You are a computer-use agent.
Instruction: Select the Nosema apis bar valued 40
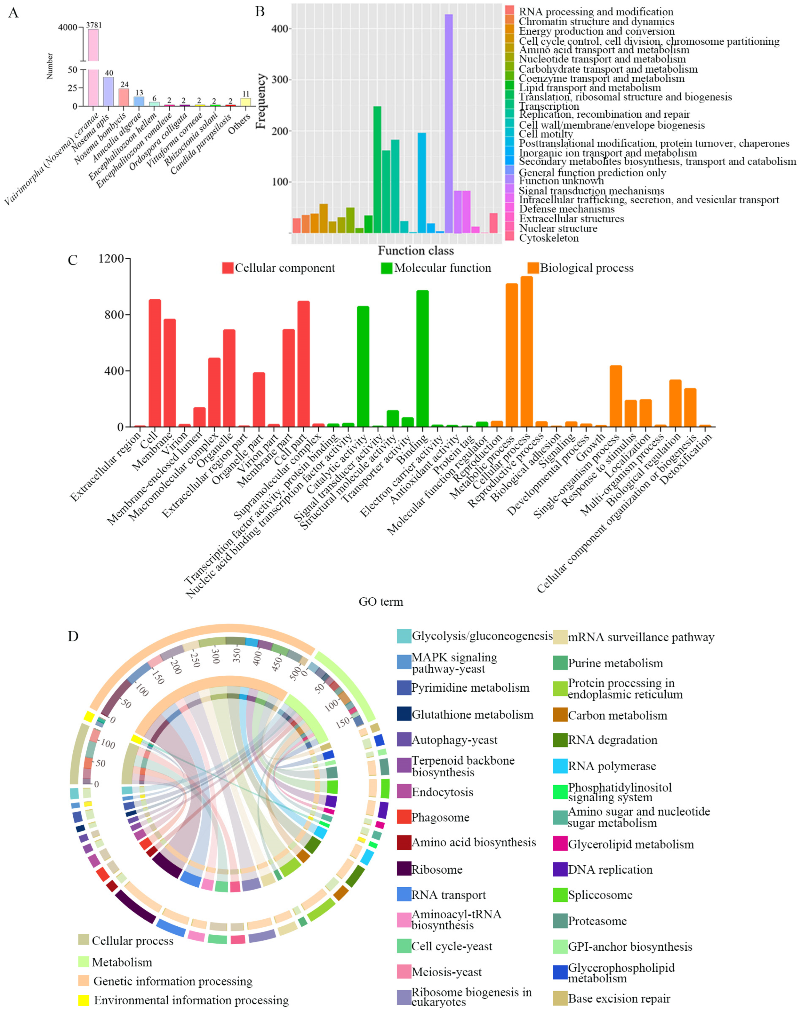pos(108,92)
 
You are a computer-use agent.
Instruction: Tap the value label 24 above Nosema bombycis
pos(124,85)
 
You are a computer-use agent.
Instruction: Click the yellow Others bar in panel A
pos(245,102)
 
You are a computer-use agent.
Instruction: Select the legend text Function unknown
pos(561,181)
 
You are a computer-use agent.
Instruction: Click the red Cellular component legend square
pos(228,268)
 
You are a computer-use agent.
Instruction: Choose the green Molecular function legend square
pos(387,268)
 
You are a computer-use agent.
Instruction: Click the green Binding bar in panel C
pos(422,358)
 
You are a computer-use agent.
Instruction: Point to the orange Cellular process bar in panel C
pos(527,351)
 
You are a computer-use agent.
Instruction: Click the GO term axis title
pos(381,601)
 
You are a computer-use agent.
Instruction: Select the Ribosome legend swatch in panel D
pos(404,869)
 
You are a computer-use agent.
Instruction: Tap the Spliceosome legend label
pos(600,895)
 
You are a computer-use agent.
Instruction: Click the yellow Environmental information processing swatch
pos(84,1000)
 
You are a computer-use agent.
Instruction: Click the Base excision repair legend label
pos(619,999)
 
